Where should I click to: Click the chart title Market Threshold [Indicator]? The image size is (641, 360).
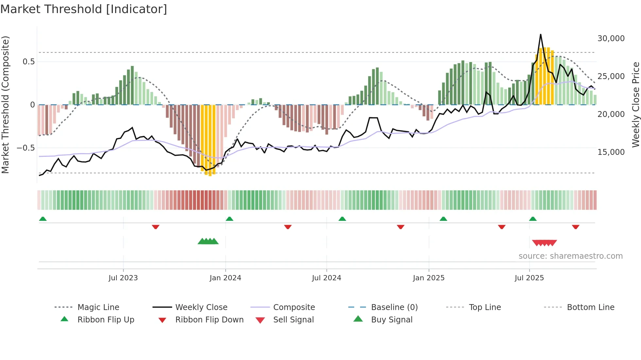click(84, 9)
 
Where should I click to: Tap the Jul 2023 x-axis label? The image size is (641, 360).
click(123, 278)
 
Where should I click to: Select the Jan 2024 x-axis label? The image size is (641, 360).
click(225, 278)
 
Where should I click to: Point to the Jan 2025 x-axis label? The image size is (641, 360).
click(428, 278)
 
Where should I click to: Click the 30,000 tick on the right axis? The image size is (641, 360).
click(611, 39)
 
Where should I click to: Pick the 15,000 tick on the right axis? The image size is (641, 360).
click(611, 152)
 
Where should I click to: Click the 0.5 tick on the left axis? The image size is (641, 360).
click(28, 62)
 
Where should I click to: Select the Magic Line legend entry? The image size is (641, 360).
click(98, 307)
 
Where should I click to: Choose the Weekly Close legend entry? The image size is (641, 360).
click(201, 307)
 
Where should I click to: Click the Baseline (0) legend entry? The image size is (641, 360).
click(394, 307)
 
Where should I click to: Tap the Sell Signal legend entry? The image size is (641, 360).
click(293, 320)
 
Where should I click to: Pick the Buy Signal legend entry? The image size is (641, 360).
click(391, 320)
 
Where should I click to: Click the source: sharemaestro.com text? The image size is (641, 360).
click(570, 256)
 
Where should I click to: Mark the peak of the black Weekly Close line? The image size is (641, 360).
click(541, 34)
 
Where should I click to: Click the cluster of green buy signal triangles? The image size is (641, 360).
click(208, 241)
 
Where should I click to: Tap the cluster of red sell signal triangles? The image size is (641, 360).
click(544, 243)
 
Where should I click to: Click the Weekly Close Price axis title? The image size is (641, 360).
click(635, 105)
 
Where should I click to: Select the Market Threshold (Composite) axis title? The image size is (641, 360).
click(5, 105)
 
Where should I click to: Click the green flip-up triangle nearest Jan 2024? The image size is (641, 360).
click(229, 219)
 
